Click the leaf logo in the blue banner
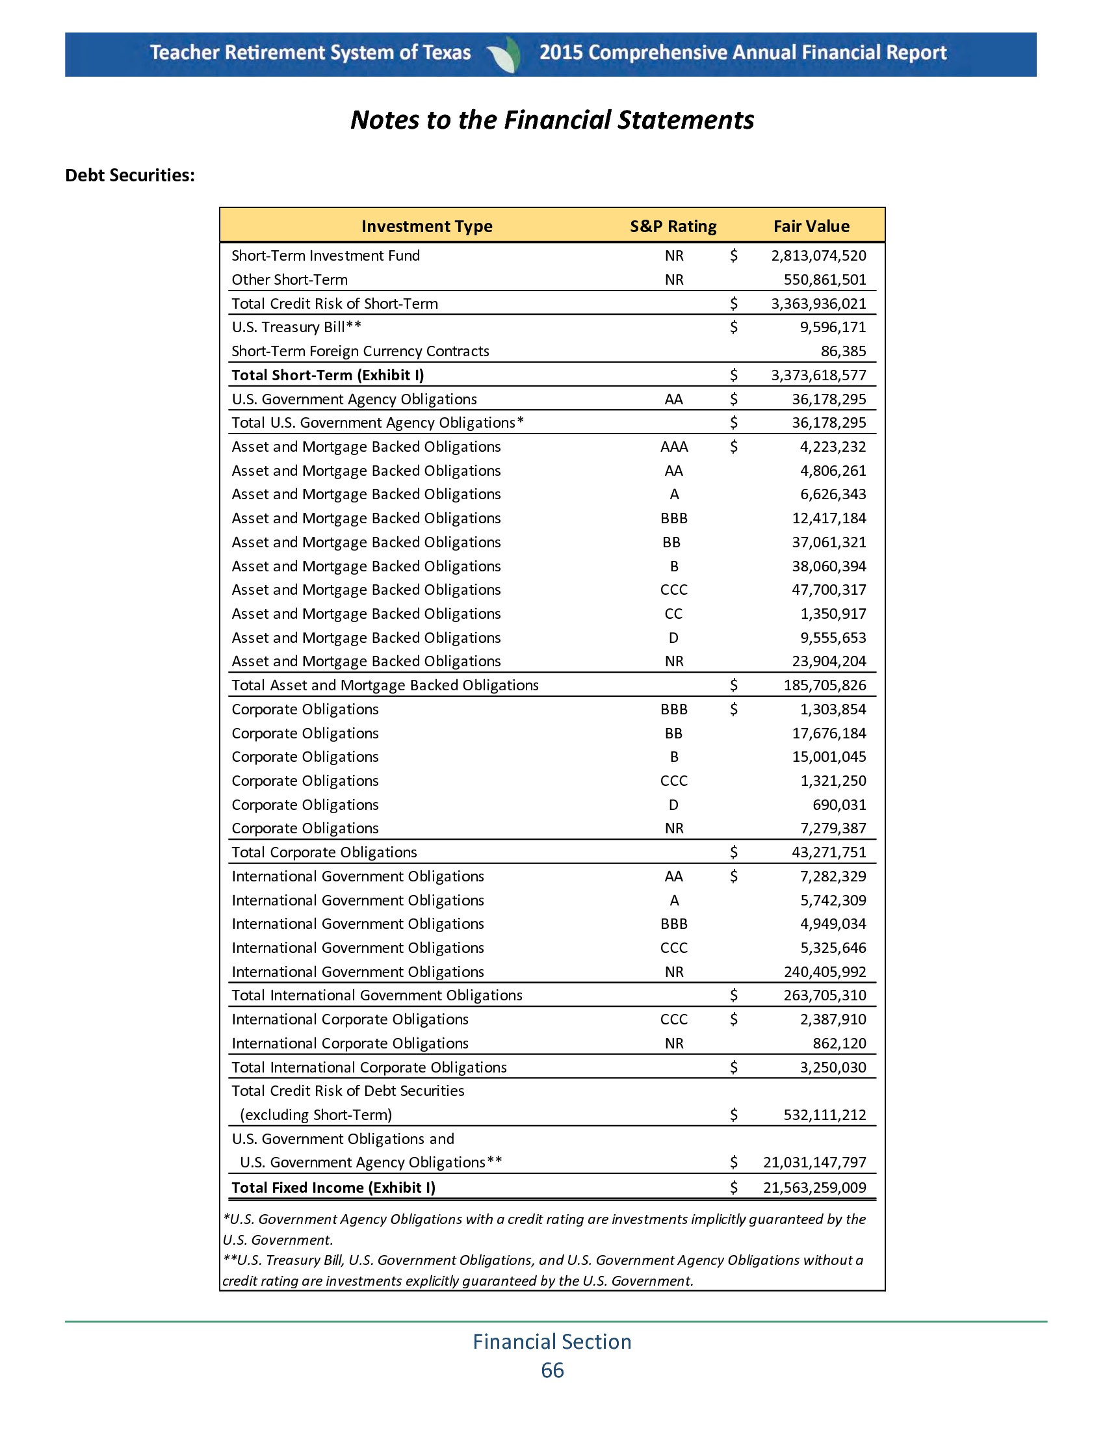coord(504,54)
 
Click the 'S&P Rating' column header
coord(673,227)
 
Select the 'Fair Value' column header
coord(811,227)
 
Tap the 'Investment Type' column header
coord(427,227)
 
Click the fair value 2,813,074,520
coord(818,256)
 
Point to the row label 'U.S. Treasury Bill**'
coord(296,328)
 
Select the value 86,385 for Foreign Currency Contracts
coord(843,352)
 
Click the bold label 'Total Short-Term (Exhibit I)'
coord(328,375)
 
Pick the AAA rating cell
coord(673,447)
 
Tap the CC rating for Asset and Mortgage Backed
coord(673,614)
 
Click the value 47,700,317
coord(829,590)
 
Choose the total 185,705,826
coord(825,686)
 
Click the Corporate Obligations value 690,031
coord(839,805)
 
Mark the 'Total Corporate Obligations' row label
coord(324,853)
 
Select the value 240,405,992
coord(825,972)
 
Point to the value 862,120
coord(839,1044)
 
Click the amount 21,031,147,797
coord(814,1163)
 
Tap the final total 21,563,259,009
coord(814,1188)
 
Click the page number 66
coord(552,1370)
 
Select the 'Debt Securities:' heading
coord(129,175)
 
